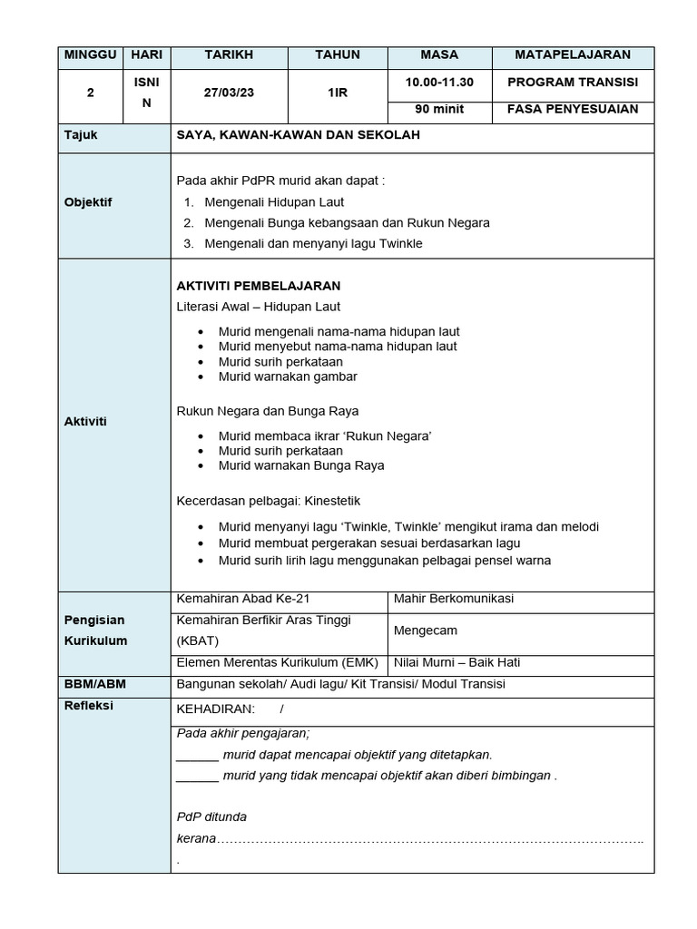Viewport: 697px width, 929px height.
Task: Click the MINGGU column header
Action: point(90,55)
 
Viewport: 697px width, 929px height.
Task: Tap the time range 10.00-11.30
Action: point(438,82)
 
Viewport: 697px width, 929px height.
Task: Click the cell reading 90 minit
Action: point(438,110)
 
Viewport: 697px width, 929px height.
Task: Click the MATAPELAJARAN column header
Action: point(572,55)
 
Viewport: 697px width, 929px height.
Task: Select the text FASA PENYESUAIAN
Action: point(572,110)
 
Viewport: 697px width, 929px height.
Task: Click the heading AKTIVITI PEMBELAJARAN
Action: point(258,285)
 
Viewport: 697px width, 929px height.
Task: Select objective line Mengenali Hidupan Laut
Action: point(274,202)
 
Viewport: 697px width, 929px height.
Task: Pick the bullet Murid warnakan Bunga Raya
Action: point(301,465)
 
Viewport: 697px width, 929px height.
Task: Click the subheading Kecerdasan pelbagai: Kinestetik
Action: point(268,500)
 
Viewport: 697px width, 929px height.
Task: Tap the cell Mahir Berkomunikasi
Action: point(454,599)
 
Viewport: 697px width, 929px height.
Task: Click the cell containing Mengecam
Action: point(426,629)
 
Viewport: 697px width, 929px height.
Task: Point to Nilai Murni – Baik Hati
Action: point(456,662)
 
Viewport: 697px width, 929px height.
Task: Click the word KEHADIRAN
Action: point(215,709)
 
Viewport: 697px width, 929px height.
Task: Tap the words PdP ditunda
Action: point(211,817)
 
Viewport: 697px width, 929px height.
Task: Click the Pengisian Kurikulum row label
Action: point(95,631)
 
